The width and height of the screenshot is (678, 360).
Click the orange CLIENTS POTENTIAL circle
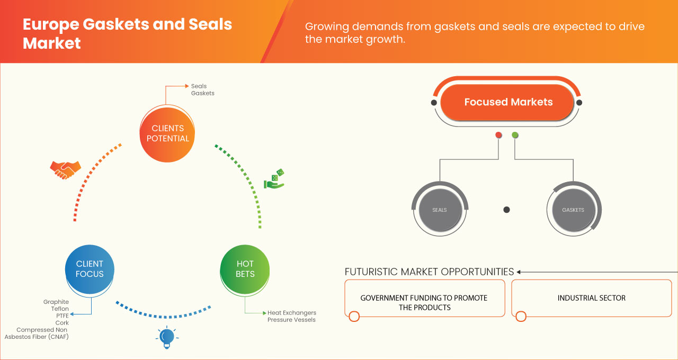167,133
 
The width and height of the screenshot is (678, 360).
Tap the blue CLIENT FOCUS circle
90,269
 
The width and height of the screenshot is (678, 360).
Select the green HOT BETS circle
245,269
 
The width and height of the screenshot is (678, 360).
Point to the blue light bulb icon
167,337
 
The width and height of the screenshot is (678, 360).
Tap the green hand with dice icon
274,179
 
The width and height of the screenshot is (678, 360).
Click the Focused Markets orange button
508,102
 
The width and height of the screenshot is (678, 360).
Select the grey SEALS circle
439,210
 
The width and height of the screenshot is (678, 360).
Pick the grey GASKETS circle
573,210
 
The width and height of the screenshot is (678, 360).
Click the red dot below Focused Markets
498,136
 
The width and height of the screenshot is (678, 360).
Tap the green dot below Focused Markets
515,136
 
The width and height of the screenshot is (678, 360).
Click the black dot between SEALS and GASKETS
506,210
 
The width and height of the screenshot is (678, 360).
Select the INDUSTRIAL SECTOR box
591,298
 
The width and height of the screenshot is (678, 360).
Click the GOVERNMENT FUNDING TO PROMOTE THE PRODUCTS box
424,302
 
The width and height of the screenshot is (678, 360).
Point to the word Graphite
56,302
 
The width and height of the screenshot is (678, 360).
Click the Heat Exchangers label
291,313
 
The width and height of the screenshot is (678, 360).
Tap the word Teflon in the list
60,309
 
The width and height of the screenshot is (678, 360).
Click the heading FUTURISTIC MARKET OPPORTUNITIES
429,272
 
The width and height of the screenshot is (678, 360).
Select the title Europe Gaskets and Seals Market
127,33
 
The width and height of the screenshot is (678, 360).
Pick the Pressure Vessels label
291,320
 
